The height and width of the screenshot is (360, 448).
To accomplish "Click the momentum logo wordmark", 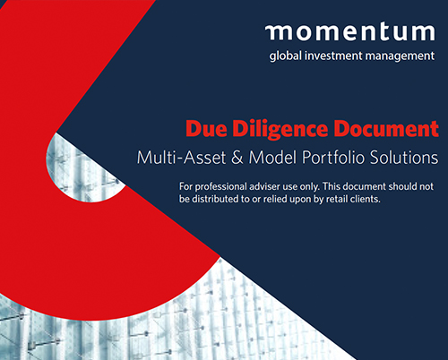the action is point(350,32).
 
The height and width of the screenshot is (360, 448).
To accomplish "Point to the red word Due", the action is point(206,128).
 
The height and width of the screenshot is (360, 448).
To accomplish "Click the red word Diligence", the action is point(280,130).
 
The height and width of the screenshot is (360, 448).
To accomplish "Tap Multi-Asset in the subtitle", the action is point(181,158).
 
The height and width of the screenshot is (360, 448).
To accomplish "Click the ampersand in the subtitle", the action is point(237,158).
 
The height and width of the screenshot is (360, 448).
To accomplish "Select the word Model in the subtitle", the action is point(272,158).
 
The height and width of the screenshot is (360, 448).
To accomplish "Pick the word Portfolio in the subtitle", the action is point(333,158).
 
